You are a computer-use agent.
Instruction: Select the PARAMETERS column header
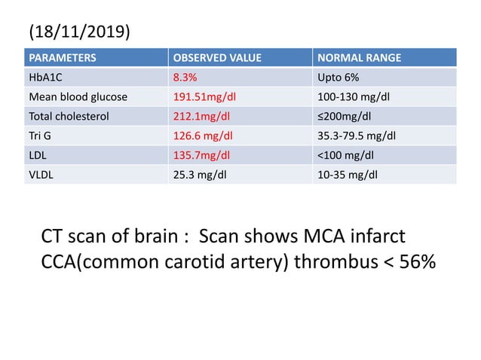click(x=63, y=57)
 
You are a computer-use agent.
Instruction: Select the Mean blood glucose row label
click(x=78, y=96)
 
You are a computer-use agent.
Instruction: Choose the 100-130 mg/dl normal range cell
click(x=355, y=96)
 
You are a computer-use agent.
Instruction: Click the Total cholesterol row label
click(x=70, y=116)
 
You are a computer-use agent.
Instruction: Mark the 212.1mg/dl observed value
click(x=201, y=116)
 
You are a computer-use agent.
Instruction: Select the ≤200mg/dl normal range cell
click(x=346, y=116)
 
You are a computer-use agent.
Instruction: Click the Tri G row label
click(x=39, y=136)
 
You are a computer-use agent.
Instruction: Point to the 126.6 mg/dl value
click(x=204, y=136)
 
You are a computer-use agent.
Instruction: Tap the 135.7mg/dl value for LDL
click(x=201, y=155)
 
